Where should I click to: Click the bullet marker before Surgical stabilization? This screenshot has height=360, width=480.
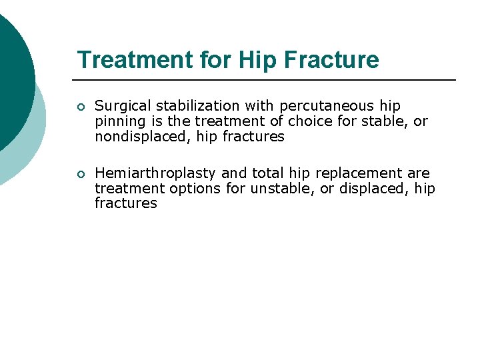point(81,107)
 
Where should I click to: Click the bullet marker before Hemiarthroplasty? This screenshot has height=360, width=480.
point(81,175)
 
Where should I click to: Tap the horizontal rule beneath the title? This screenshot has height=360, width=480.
point(267,80)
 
